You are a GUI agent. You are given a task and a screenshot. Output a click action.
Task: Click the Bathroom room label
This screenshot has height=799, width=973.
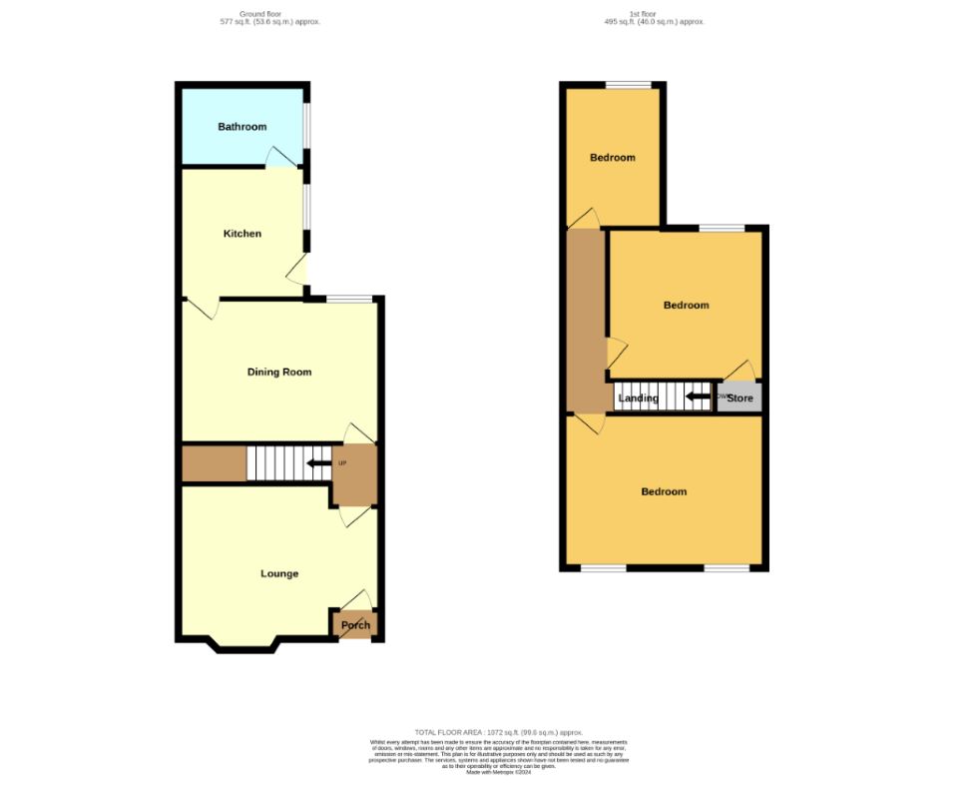click(x=243, y=127)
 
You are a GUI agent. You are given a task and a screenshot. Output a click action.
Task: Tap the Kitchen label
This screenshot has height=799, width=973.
click(x=242, y=234)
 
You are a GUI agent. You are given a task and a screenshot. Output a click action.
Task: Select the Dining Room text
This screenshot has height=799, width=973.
click(x=279, y=373)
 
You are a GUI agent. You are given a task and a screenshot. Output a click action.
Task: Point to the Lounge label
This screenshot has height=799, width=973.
click(x=279, y=573)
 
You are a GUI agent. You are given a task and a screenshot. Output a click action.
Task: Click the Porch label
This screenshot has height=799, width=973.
click(x=355, y=625)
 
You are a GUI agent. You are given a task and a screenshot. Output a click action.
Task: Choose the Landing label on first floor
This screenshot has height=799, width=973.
click(x=638, y=399)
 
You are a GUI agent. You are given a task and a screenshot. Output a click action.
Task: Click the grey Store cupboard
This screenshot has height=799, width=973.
click(x=739, y=399)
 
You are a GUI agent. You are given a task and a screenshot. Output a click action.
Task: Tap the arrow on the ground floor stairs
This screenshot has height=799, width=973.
click(x=318, y=463)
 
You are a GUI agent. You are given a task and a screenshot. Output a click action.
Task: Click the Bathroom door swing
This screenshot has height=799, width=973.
click(x=281, y=157)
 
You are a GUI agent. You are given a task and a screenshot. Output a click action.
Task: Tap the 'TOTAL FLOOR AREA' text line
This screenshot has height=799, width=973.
click(x=498, y=732)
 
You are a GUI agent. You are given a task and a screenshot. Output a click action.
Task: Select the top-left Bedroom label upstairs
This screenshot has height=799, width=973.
click(x=612, y=158)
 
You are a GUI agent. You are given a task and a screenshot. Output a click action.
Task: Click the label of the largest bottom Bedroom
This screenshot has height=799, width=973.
click(x=664, y=491)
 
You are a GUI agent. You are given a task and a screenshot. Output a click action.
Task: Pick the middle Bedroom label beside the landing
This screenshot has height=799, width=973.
click(x=687, y=305)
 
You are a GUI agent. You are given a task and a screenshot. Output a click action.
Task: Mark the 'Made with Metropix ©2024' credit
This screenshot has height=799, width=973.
click(x=499, y=772)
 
